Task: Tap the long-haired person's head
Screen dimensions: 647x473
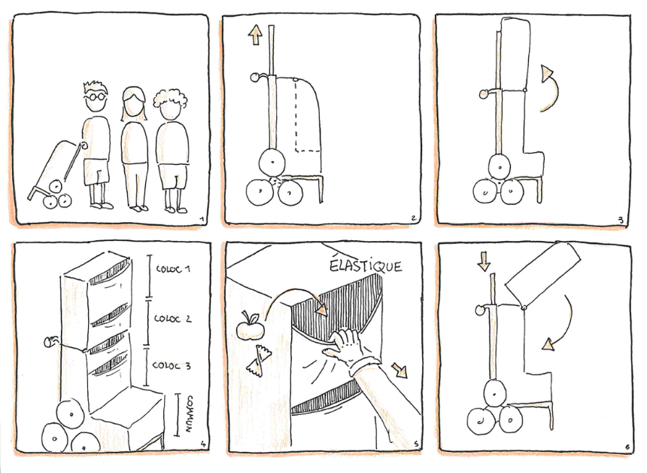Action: point(134,103)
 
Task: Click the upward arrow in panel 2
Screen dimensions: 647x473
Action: point(256,35)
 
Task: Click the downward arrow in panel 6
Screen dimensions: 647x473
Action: point(484,261)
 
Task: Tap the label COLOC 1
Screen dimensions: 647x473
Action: point(173,269)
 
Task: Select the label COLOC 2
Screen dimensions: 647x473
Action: point(172,319)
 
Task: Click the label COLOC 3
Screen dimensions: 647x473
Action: point(172,365)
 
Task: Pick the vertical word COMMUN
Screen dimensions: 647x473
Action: point(190,414)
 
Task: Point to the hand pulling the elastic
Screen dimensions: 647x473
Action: point(345,345)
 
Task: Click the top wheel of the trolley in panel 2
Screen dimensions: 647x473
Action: point(272,163)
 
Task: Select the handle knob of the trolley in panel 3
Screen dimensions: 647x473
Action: point(484,94)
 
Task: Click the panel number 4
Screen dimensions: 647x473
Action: point(202,444)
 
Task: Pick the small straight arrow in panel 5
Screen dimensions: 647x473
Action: point(399,370)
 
